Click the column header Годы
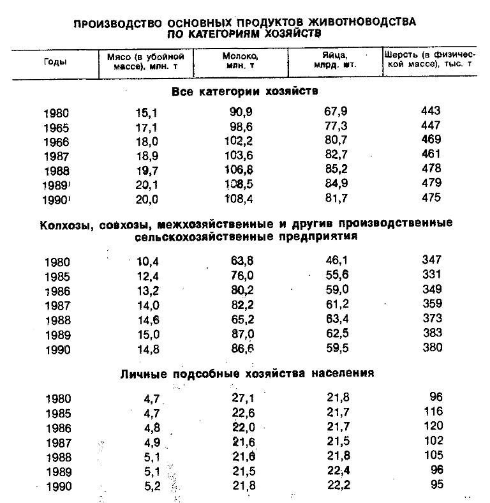click(x=55, y=61)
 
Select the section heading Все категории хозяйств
click(x=245, y=91)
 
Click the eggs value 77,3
click(x=336, y=126)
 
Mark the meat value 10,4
click(x=147, y=261)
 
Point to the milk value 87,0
click(x=241, y=333)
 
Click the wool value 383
click(x=431, y=333)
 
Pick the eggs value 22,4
click(x=336, y=471)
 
